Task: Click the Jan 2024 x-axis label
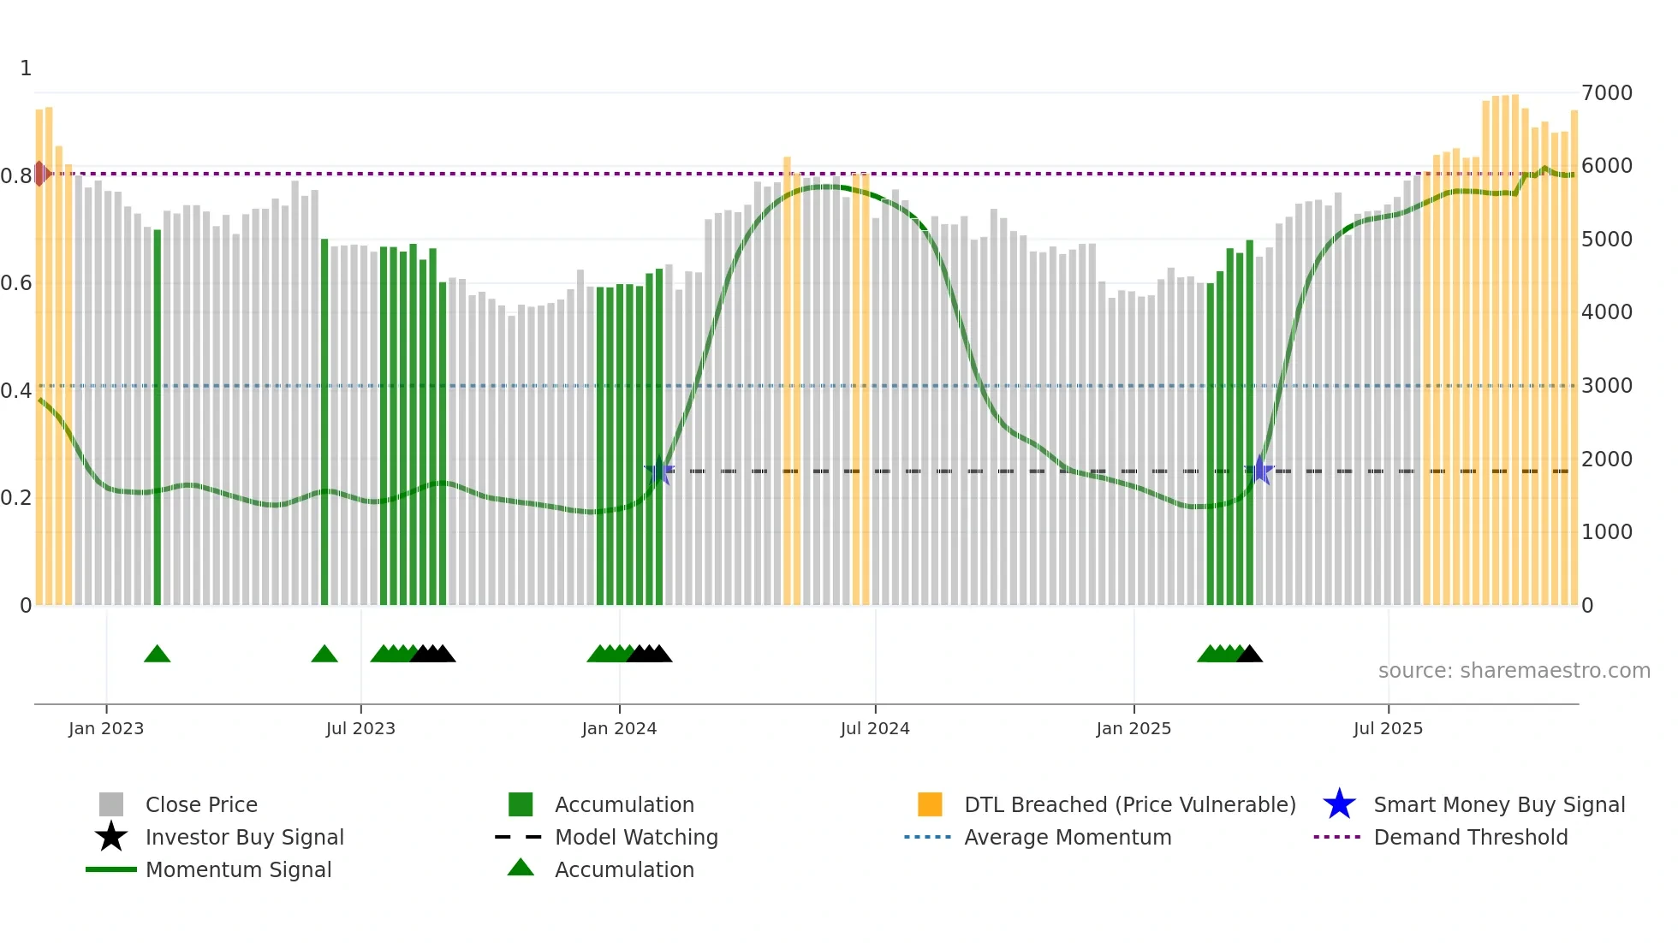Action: click(619, 728)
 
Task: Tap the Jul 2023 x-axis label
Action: click(360, 728)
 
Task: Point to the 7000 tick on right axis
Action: click(1607, 92)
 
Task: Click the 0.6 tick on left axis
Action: click(16, 283)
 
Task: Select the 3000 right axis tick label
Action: click(1607, 386)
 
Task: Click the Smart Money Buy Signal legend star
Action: click(1339, 804)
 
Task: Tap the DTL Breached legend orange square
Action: click(930, 804)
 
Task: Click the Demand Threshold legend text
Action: click(1470, 837)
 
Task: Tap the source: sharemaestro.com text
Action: click(1514, 671)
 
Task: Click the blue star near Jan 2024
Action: click(659, 471)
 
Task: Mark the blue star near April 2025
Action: click(1260, 471)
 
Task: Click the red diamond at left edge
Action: click(40, 174)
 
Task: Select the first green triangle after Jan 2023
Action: click(158, 655)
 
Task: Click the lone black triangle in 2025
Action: click(1250, 655)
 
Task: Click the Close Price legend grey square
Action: click(111, 804)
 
